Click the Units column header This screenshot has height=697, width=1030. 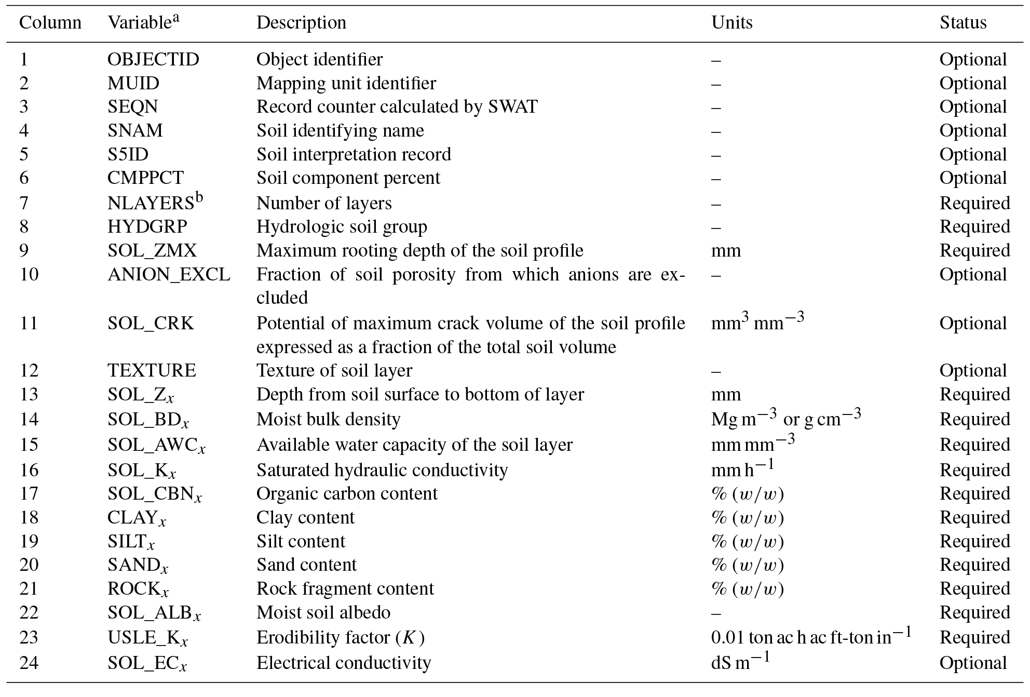[x=731, y=23]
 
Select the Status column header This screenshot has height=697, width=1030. [x=963, y=23]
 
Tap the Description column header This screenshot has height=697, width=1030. [x=301, y=23]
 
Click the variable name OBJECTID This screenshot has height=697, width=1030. [x=153, y=60]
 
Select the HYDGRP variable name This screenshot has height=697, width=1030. [x=147, y=227]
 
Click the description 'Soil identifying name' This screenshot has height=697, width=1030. [x=340, y=130]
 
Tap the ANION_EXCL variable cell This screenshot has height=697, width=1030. [x=169, y=274]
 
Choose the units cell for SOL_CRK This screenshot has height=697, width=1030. [x=757, y=323]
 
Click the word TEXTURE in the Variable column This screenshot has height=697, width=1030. [x=152, y=370]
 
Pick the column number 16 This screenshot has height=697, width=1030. [x=29, y=470]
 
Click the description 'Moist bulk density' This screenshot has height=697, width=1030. [x=328, y=419]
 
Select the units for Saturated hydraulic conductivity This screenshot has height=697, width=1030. [x=742, y=470]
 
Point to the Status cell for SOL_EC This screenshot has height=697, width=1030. [x=973, y=663]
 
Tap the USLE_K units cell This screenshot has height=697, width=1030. [x=811, y=637]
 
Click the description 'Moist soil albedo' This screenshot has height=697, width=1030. [x=323, y=613]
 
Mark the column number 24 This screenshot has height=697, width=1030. [x=29, y=663]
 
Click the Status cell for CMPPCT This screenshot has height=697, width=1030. [x=973, y=178]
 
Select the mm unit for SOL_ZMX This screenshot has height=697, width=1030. [x=726, y=251]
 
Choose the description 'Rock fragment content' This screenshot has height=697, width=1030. [x=345, y=589]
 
